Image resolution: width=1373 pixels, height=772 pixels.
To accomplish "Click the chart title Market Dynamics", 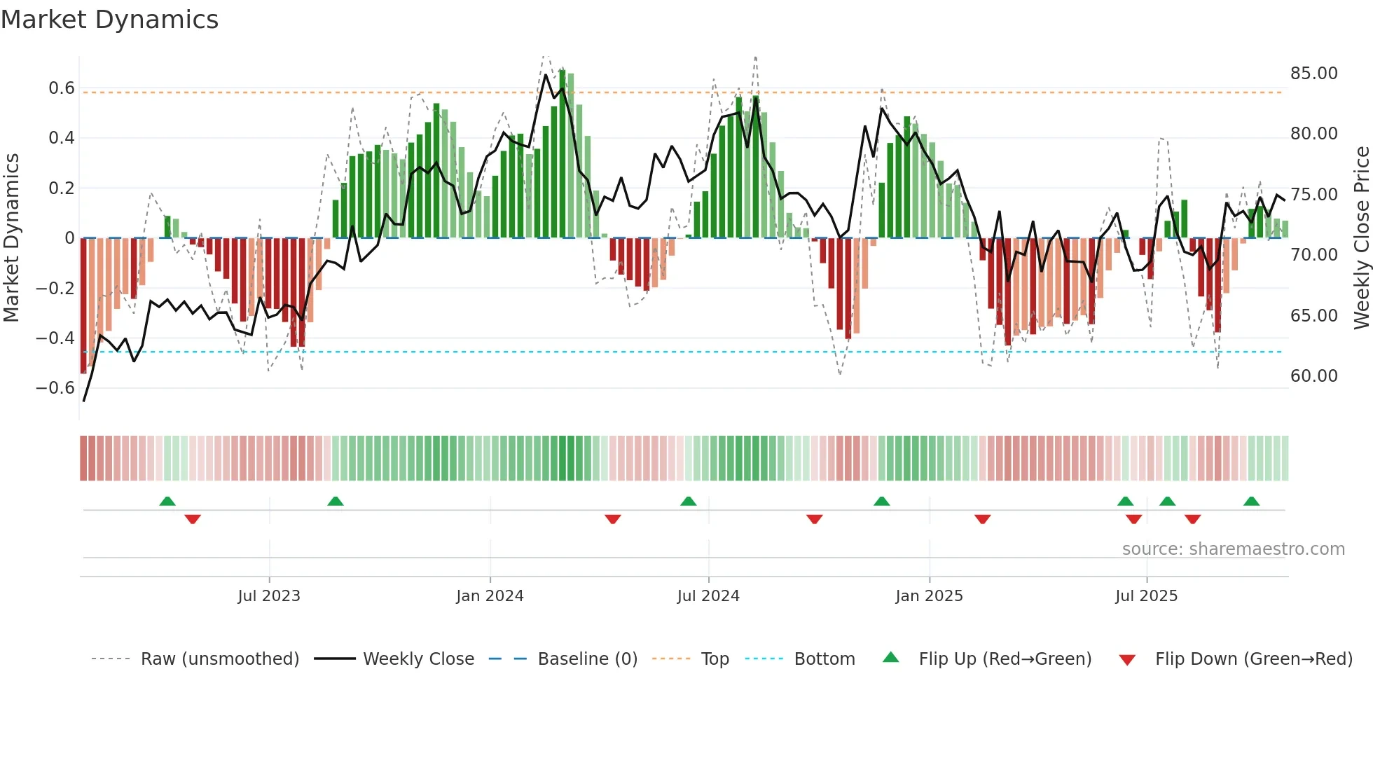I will [x=109, y=20].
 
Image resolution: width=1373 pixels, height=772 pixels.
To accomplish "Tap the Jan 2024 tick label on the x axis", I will [x=490, y=595].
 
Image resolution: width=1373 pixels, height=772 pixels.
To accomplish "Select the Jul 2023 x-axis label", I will [x=269, y=595].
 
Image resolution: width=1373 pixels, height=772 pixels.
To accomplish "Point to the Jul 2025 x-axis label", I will [x=1146, y=595].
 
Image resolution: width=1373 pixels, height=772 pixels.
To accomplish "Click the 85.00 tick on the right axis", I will [x=1313, y=73].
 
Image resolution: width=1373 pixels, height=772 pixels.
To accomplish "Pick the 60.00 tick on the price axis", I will [x=1313, y=375].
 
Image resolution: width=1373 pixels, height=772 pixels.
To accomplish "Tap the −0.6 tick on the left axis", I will [x=55, y=387].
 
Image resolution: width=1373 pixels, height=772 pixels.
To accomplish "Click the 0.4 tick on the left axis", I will [x=62, y=137].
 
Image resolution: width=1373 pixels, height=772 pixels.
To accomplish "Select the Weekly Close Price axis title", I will [x=1361, y=237].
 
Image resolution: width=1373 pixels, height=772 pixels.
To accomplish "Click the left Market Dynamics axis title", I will [x=11, y=237].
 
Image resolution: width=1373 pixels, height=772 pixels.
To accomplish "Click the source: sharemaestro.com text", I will [x=1233, y=549].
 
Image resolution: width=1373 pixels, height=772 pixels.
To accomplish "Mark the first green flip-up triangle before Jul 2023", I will [x=167, y=501].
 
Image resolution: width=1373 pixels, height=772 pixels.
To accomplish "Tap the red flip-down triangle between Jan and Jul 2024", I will [x=613, y=519].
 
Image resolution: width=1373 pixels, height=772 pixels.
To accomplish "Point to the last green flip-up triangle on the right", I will [x=1251, y=501].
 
